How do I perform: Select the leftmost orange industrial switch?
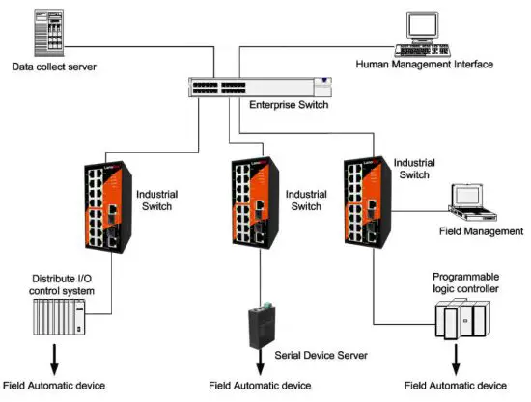103,206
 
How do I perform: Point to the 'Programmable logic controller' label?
465,281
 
